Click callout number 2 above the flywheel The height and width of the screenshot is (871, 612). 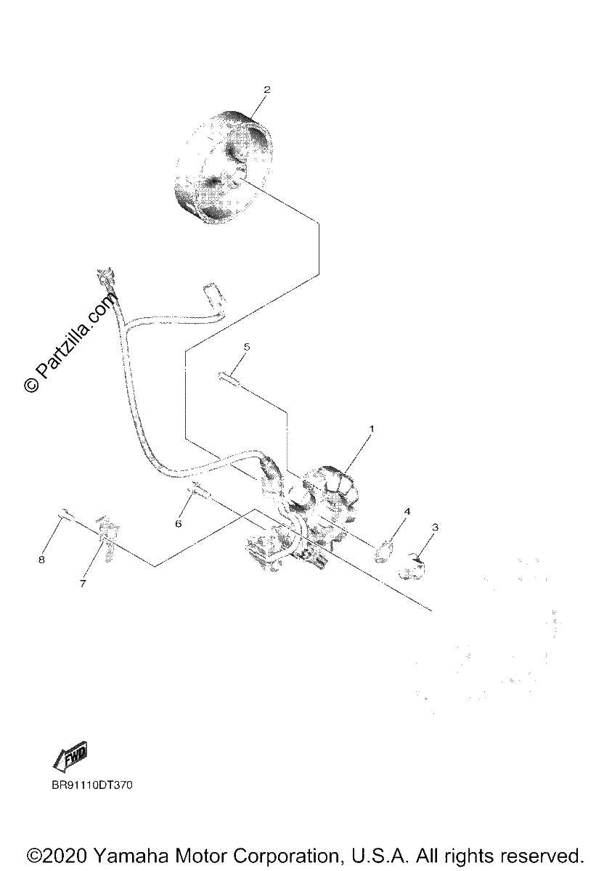[x=266, y=89]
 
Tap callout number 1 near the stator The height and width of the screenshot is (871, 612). [x=371, y=428]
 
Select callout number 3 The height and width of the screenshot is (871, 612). [x=435, y=527]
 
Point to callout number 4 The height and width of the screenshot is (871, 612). [x=407, y=511]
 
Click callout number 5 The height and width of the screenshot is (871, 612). [x=247, y=346]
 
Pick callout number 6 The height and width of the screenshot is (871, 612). [x=178, y=524]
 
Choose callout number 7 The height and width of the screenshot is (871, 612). [x=83, y=584]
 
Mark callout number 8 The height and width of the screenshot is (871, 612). [x=41, y=560]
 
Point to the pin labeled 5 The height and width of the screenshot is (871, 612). [x=229, y=379]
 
